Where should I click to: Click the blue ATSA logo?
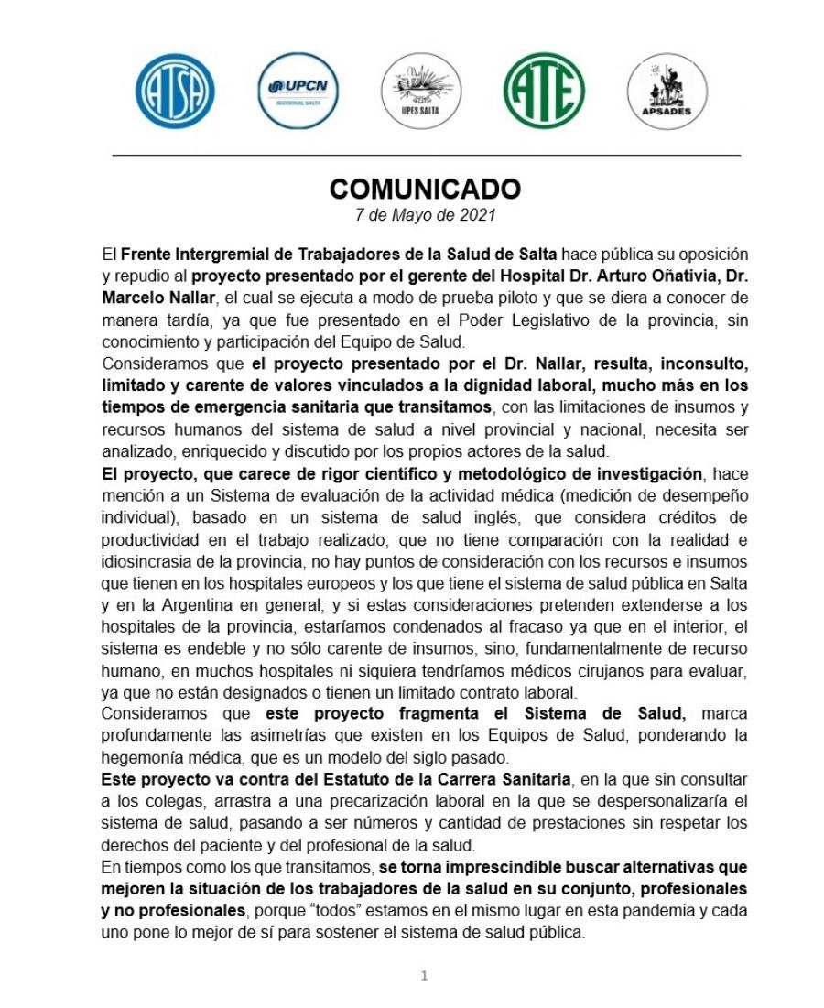tap(175, 91)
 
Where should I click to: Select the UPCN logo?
tap(298, 91)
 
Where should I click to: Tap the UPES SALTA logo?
tap(422, 91)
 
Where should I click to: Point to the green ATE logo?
tap(544, 91)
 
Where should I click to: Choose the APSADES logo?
tap(667, 91)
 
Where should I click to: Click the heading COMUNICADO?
tap(425, 189)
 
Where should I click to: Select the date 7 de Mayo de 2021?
tap(425, 216)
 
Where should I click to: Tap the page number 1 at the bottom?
tap(424, 976)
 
